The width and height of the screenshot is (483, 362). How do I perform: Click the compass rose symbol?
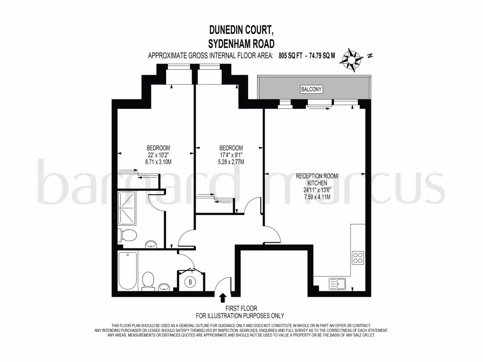[x=353, y=60]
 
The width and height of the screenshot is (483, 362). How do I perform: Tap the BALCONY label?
[x=311, y=89]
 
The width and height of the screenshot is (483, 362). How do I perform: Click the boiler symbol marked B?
[x=191, y=282]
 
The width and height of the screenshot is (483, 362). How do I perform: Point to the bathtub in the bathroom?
[x=127, y=272]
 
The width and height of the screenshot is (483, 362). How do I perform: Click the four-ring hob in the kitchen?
[x=358, y=257]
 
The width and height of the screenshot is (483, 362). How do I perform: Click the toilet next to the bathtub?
[x=149, y=280]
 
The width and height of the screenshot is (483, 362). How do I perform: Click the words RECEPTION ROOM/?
[x=317, y=176]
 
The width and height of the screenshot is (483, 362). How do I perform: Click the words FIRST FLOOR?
[x=240, y=308]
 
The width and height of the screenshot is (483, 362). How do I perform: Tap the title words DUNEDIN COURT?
[x=241, y=30]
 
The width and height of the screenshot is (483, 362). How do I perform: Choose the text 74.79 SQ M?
[x=322, y=56]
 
